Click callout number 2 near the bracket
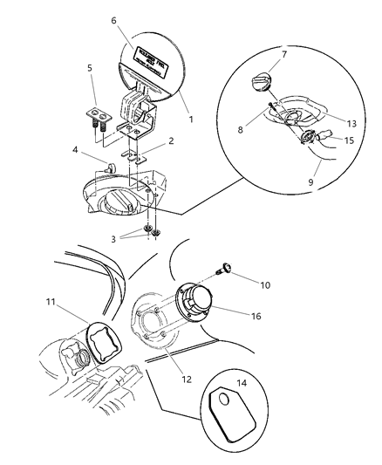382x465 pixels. click(171, 140)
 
